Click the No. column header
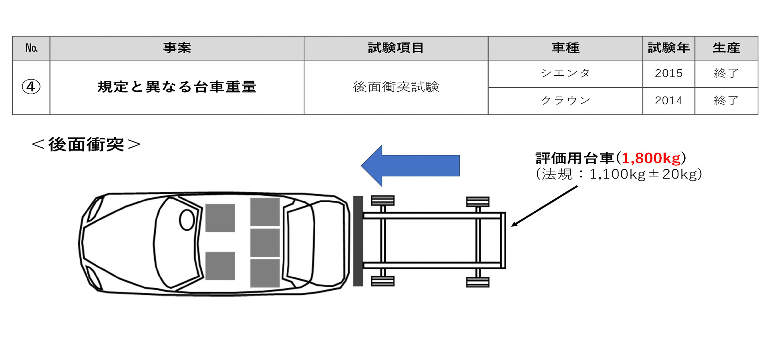coord(31,48)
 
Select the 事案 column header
coord(177,48)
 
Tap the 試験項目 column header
coord(396,48)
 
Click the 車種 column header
coord(565,48)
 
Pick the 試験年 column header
coord(668,48)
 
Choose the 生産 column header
coord(726,48)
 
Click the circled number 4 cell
coord(31,87)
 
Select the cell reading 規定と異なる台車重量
coord(177,87)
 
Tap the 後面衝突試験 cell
coord(396,87)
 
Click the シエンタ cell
coord(565,73)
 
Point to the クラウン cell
coord(565,101)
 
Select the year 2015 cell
coord(668,73)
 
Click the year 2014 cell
coord(668,101)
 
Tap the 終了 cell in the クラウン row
coord(726,101)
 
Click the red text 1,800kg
coord(651,159)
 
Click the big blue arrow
coord(413,165)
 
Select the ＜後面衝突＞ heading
coord(86,145)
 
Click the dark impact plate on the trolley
coord(358,241)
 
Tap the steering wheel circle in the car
coord(187,220)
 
